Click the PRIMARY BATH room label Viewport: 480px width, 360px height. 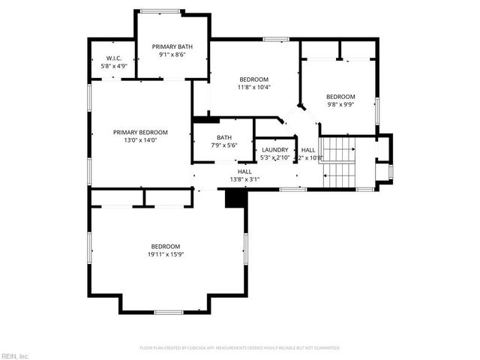[172, 46]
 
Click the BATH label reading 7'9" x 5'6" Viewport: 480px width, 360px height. [223, 137]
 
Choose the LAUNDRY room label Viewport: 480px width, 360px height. [274, 150]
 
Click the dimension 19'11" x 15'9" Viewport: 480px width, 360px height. [165, 255]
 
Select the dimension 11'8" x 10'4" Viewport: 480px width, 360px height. [254, 87]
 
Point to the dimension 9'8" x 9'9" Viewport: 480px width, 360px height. [340, 105]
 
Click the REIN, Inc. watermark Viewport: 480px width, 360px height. [15, 355]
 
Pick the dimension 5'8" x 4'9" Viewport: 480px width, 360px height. [114, 66]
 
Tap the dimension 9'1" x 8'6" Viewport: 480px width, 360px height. [172, 55]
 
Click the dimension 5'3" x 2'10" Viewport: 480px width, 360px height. [274, 158]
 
